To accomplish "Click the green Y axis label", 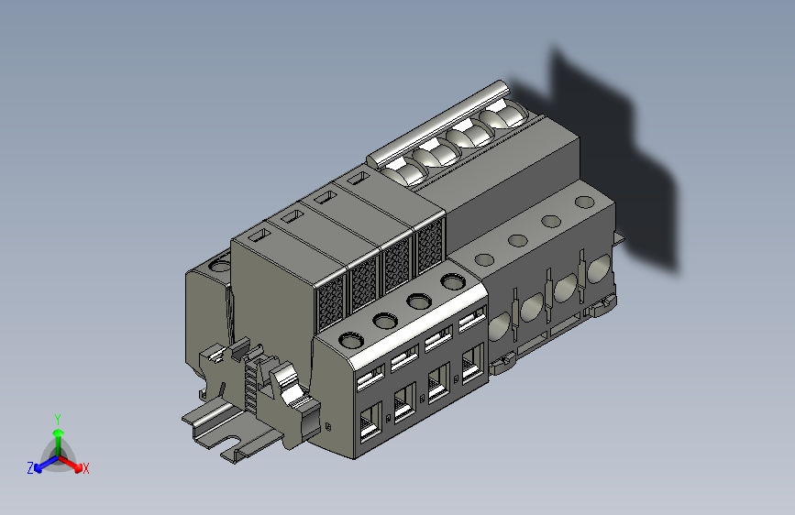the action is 58,420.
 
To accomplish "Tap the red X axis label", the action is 85,468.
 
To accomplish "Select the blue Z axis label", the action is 30,468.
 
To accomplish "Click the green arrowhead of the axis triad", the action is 59,433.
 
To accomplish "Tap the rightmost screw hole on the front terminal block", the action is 453,281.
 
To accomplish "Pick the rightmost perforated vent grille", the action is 430,245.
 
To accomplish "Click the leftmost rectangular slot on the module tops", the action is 259,236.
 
